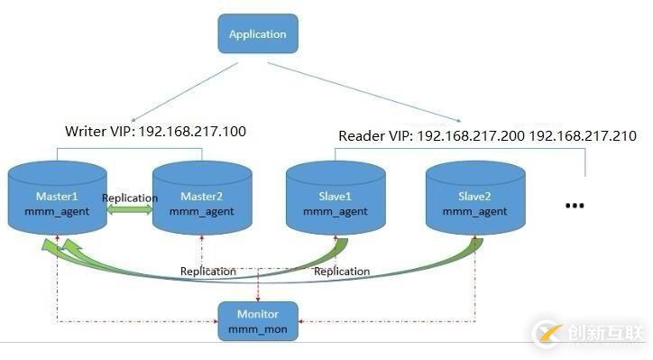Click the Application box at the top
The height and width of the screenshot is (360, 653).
point(257,34)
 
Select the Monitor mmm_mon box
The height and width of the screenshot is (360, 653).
point(258,321)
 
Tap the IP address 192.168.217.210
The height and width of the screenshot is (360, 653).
point(583,136)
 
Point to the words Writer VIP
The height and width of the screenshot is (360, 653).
point(97,132)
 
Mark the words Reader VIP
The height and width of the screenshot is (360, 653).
point(371,136)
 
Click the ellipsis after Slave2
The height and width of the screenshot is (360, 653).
point(575,206)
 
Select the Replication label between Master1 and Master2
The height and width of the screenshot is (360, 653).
point(130,198)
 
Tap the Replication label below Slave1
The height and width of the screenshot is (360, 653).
point(341,271)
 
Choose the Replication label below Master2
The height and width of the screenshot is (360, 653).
point(207,271)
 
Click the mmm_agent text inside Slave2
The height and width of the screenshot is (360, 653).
point(474,212)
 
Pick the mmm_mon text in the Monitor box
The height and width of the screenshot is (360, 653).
point(258,329)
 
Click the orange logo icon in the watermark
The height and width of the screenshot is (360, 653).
point(547,334)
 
